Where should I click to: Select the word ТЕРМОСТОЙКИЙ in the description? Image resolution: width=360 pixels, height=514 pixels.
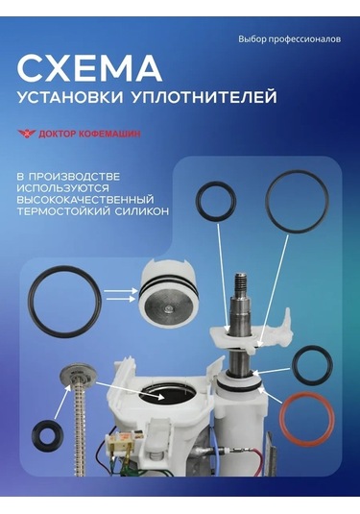(64, 209)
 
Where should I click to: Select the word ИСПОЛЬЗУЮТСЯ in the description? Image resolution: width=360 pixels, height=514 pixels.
(63, 188)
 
